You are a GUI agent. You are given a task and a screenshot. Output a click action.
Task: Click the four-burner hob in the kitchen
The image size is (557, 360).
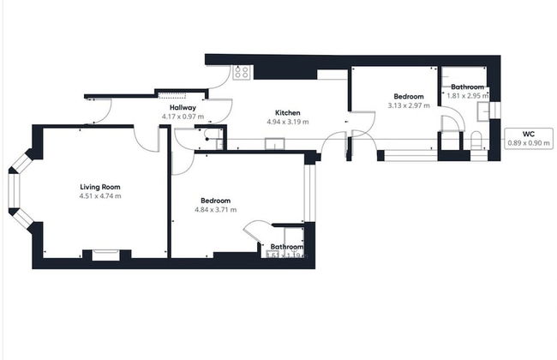[242, 73]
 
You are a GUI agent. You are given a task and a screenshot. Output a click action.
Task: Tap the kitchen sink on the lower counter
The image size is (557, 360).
[273, 143]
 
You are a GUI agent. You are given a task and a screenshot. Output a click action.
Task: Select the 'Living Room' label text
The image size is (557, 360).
[100, 186]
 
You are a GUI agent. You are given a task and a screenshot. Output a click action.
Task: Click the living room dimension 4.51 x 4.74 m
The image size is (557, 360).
[100, 195]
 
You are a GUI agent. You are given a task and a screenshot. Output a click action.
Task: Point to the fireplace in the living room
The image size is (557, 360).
[106, 254]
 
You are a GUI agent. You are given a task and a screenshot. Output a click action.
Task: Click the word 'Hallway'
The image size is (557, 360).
[183, 107]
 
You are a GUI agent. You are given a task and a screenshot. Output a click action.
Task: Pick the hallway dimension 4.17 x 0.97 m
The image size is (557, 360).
[183, 116]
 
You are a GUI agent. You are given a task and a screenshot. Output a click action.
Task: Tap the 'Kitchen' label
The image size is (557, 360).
[287, 113]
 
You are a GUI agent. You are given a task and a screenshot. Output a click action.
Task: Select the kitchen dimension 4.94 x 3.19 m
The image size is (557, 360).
[287, 122]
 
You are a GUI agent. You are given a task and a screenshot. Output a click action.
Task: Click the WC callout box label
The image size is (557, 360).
[529, 134]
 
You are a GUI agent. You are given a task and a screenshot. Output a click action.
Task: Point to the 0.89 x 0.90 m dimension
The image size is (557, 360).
[529, 142]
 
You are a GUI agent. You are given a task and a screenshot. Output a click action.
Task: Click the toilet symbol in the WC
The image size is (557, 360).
[476, 141]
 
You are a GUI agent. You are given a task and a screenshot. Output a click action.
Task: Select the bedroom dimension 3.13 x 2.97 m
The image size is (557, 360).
[408, 105]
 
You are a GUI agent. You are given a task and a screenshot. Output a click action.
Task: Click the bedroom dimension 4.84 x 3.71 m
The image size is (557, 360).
[215, 209]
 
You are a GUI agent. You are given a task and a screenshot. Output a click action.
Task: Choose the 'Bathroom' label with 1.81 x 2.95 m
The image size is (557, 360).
[468, 87]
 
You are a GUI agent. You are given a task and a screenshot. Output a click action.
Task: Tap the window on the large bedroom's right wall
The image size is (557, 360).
[310, 192]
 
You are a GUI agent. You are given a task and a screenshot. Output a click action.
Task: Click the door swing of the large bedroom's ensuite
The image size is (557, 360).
[255, 231]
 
